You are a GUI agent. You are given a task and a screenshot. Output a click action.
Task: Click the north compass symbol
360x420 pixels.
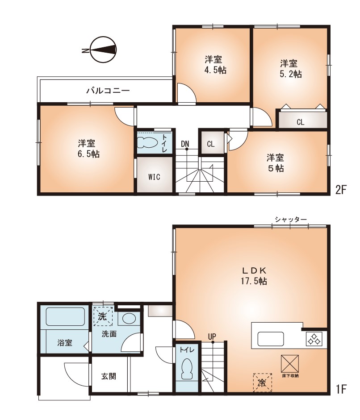pyautogui.click(x=103, y=50)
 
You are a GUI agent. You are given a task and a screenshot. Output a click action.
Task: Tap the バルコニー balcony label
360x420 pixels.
pyautogui.click(x=108, y=91)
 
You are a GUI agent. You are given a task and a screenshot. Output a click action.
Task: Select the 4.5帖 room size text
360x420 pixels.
pyautogui.click(x=213, y=70)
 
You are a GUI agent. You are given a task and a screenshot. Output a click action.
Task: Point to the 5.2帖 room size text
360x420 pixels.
pyautogui.click(x=291, y=74)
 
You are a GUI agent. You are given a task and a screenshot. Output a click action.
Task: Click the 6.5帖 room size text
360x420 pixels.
pyautogui.click(x=87, y=154)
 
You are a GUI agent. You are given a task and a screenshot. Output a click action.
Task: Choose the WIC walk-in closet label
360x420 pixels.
pyautogui.click(x=154, y=177)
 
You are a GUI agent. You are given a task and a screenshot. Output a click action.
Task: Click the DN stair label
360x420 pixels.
pyautogui.click(x=185, y=144)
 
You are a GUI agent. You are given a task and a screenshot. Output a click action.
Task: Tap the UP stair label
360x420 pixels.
pyautogui.click(x=212, y=337)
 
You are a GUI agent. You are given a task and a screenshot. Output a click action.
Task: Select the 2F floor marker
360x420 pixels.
pyautogui.click(x=341, y=190)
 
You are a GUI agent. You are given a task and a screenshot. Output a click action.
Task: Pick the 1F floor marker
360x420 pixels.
pyautogui.click(x=341, y=389)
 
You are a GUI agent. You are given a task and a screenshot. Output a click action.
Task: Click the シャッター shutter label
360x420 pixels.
pyautogui.click(x=291, y=220)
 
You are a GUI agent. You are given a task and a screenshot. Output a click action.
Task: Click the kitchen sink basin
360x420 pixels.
pyautogui.click(x=271, y=339)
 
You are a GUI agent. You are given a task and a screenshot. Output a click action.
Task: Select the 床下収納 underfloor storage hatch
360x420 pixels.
pyautogui.click(x=290, y=364)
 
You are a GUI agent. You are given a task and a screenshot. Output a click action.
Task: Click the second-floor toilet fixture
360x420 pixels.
pyautogui.click(x=147, y=142)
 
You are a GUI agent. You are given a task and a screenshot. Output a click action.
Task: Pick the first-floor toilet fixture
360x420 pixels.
pyautogui.click(x=187, y=369)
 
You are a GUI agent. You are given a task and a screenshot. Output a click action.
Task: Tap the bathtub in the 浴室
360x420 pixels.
pyautogui.click(x=65, y=316)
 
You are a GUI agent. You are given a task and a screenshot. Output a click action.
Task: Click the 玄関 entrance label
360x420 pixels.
pyautogui.click(x=109, y=376)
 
